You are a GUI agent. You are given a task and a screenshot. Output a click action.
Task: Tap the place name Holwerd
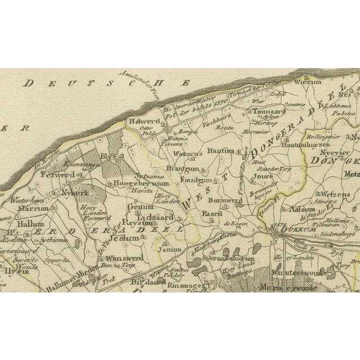(x=147, y=119)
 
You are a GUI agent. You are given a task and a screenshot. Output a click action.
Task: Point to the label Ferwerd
(x=56, y=175)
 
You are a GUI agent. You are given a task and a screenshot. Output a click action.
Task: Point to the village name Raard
(x=210, y=214)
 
